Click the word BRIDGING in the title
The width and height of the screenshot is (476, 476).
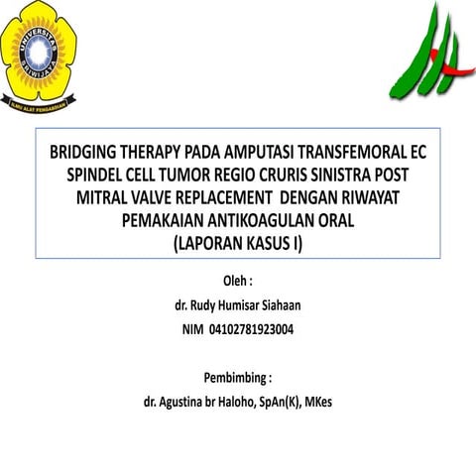pyautogui.click(x=88, y=154)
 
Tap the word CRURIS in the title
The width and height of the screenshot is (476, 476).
pyautogui.click(x=299, y=176)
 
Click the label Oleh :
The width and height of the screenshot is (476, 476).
pyautogui.click(x=237, y=281)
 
